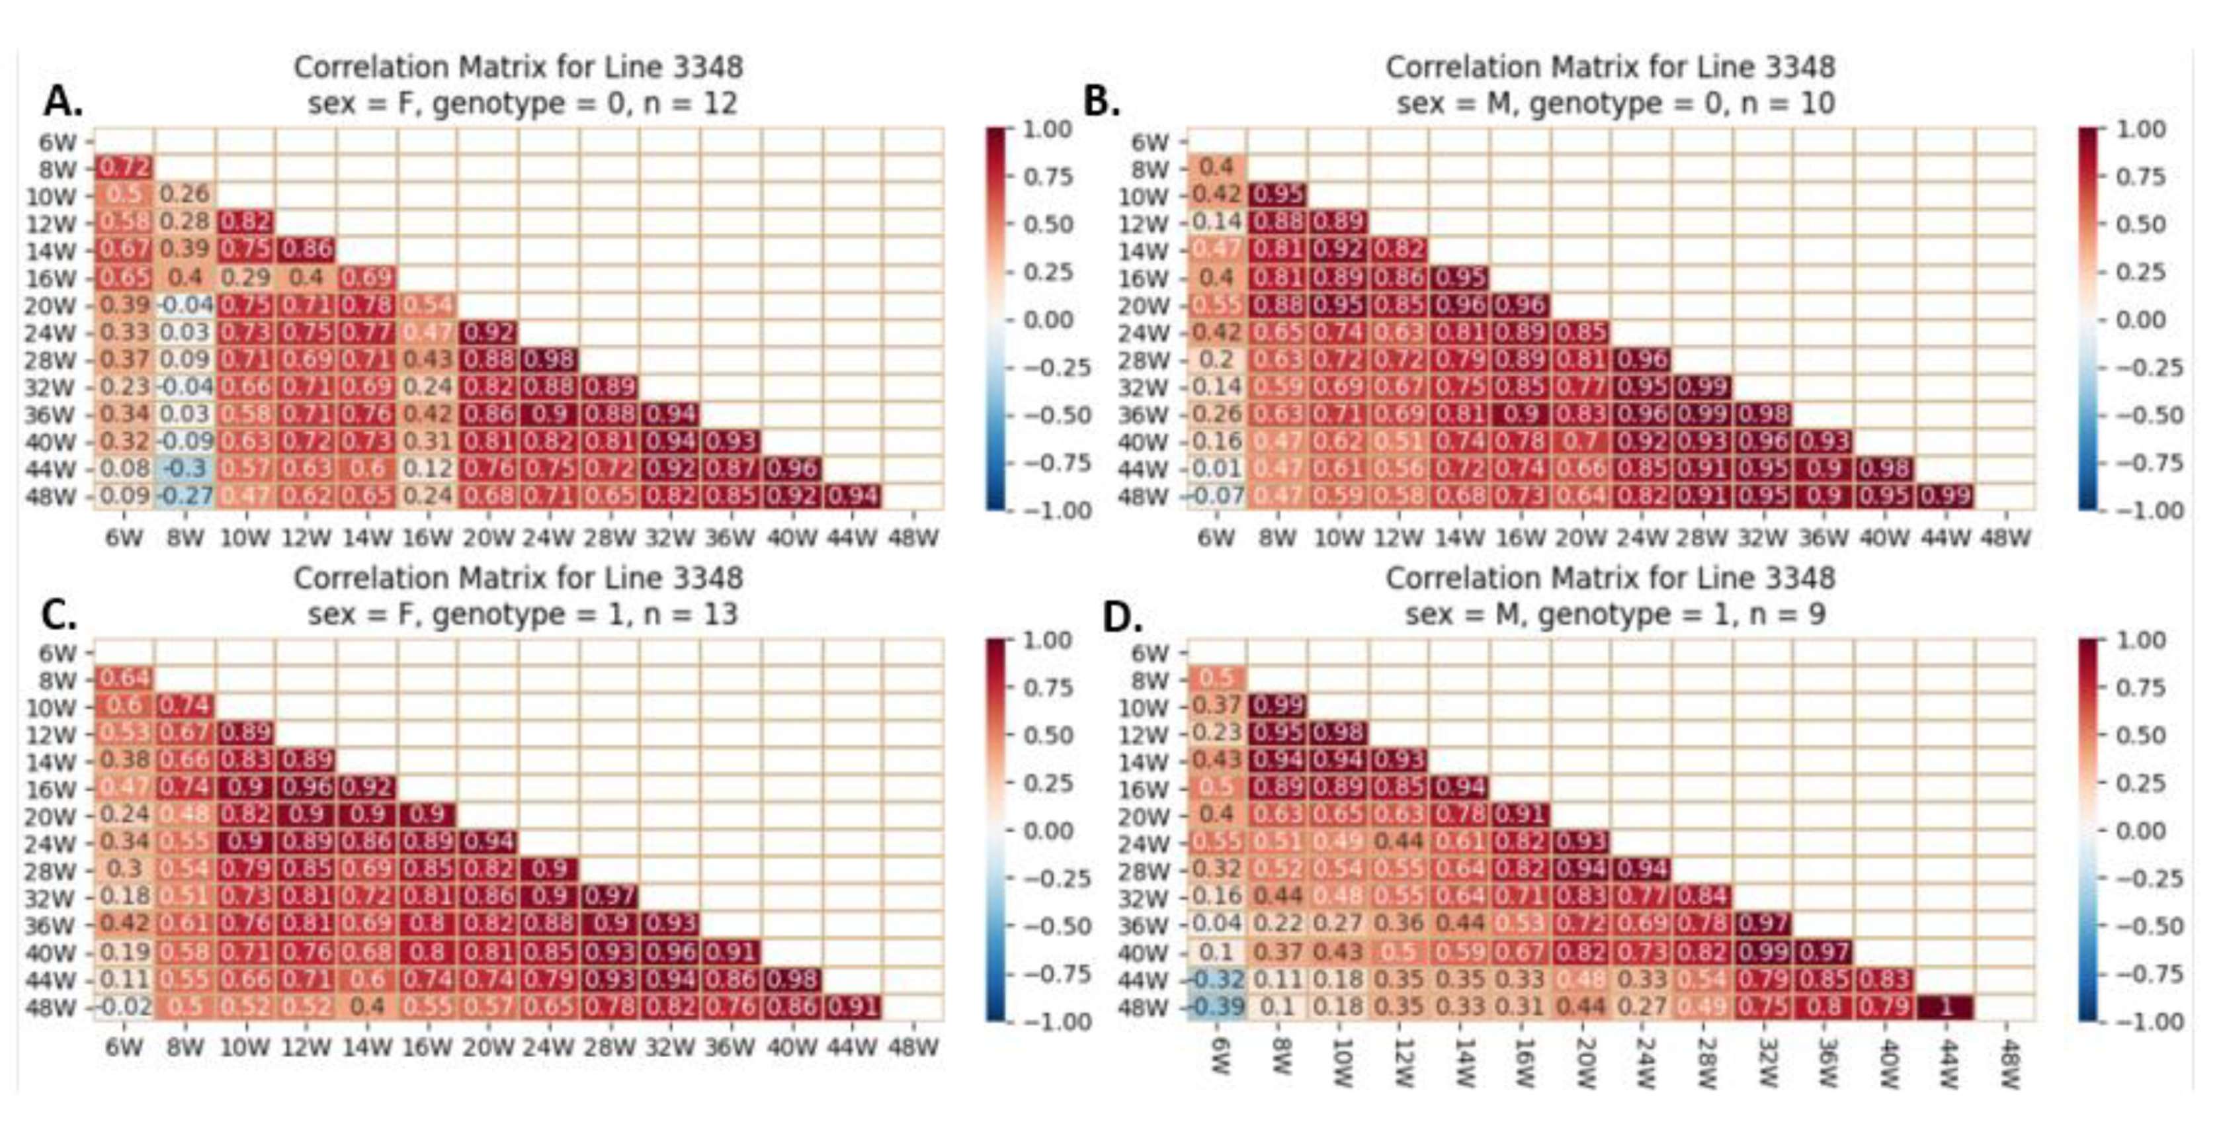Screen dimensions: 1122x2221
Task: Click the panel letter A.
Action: pyautogui.click(x=63, y=103)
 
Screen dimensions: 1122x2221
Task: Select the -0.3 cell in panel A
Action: pyautogui.click(x=185, y=469)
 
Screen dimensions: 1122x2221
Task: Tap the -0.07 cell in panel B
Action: pyautogui.click(x=1216, y=497)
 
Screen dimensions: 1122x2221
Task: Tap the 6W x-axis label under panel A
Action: pyautogui.click(x=124, y=538)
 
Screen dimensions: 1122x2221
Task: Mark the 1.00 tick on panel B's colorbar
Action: pyautogui.click(x=2140, y=130)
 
